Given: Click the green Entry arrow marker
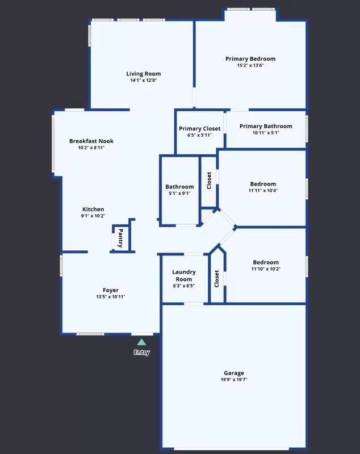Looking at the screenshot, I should pyautogui.click(x=141, y=342).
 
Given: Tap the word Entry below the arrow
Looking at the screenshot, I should pyautogui.click(x=141, y=352).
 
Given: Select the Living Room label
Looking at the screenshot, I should pyautogui.click(x=143, y=73).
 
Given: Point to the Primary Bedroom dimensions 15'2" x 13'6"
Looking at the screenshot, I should pyautogui.click(x=250, y=66).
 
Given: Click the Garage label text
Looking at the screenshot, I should pyautogui.click(x=233, y=373).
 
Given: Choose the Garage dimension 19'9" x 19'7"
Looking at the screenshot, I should pyautogui.click(x=233, y=380).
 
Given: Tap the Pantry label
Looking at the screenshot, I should pyautogui.click(x=120, y=239).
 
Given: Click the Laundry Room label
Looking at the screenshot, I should pyautogui.click(x=183, y=275).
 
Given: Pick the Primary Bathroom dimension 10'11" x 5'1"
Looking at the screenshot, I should pyautogui.click(x=266, y=133).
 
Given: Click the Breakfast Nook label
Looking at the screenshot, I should pyautogui.click(x=91, y=141).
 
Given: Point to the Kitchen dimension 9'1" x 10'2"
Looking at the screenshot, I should pyautogui.click(x=93, y=216).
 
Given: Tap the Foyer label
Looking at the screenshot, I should pyautogui.click(x=111, y=290).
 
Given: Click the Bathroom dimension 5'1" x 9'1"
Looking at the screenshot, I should pyautogui.click(x=179, y=193).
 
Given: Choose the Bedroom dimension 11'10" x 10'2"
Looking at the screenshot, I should pyautogui.click(x=266, y=269).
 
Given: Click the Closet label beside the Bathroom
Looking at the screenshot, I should pyautogui.click(x=209, y=181).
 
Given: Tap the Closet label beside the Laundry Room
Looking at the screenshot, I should pyautogui.click(x=217, y=278).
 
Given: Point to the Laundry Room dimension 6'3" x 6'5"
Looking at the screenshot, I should pyautogui.click(x=183, y=285).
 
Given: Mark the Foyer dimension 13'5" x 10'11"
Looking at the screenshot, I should pyautogui.click(x=111, y=297).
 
